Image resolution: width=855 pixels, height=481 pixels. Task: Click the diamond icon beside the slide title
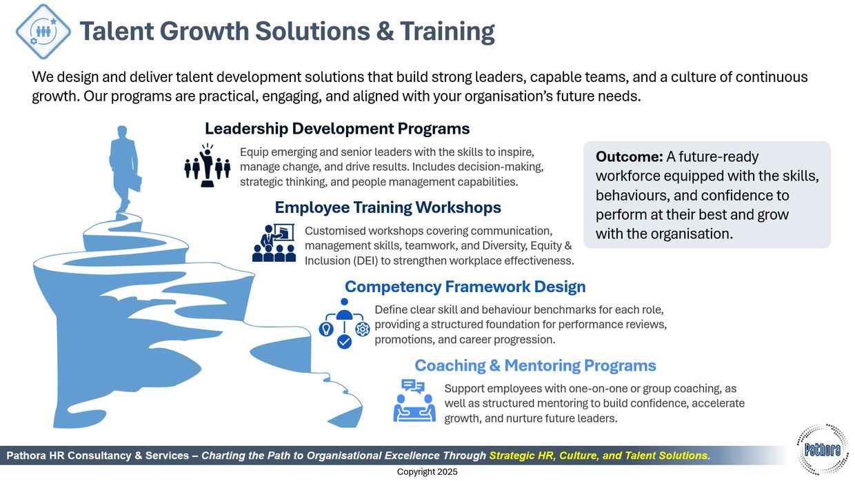coord(43,31)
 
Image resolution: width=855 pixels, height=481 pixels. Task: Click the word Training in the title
coord(447,31)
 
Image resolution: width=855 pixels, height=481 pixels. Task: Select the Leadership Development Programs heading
coord(337,129)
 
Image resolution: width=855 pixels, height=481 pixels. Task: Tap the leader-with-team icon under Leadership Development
coord(208,165)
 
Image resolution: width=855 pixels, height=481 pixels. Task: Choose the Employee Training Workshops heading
coord(388,207)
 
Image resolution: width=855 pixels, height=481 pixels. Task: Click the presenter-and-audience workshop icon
coord(274,243)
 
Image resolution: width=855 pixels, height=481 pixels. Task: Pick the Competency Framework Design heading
coord(465,287)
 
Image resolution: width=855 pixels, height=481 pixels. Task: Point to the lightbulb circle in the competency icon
coord(326,329)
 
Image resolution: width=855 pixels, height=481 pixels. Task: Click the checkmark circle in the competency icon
coord(344,342)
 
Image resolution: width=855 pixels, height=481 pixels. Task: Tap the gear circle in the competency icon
coord(363,329)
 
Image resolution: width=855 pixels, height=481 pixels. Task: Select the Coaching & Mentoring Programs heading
coord(535,365)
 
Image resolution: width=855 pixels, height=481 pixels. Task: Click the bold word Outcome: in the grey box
coord(629,157)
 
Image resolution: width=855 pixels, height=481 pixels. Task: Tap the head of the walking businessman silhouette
coord(122,132)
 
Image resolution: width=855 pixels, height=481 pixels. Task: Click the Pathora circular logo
coord(823,449)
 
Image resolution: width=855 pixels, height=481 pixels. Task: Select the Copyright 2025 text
coord(427,472)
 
